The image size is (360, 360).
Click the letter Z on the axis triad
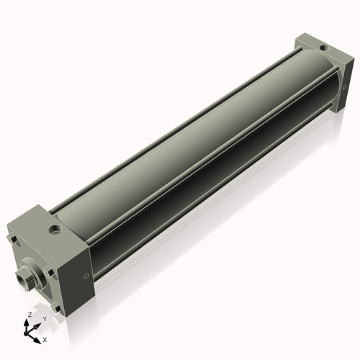[29, 315]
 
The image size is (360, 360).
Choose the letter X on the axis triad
[45, 338]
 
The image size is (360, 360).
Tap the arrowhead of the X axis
[38, 336]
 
